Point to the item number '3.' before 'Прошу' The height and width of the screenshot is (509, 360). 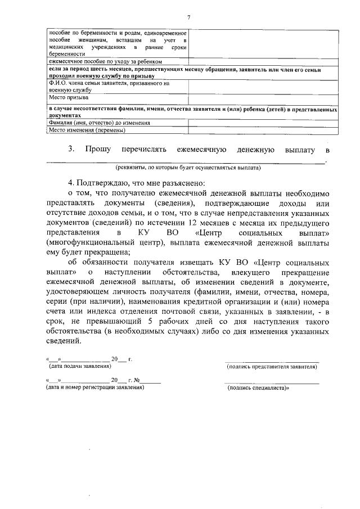(x=71, y=150)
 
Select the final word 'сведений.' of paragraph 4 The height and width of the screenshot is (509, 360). (x=64, y=341)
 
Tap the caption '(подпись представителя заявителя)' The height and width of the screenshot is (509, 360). (x=272, y=367)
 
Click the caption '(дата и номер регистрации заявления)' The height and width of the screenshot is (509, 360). (x=95, y=387)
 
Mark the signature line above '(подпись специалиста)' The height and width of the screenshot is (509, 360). (x=272, y=382)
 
